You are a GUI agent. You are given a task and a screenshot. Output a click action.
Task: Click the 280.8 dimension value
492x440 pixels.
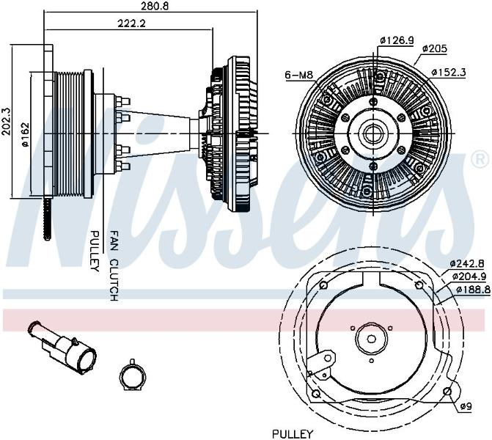point(151,6)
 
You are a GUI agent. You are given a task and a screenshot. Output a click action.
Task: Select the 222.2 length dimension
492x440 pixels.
point(132,23)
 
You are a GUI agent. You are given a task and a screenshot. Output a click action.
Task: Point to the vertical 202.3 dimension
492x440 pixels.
point(7,121)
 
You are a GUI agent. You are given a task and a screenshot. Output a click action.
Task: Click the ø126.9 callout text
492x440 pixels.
point(397,40)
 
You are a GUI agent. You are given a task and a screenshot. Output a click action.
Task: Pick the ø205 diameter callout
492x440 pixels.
point(434,48)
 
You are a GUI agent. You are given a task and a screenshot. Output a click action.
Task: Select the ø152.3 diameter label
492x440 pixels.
point(449,72)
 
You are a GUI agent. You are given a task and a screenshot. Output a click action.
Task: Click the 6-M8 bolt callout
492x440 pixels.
point(299,75)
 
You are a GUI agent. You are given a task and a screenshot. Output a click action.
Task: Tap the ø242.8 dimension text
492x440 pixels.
point(467,263)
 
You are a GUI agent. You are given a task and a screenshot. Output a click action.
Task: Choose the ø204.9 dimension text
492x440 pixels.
point(469,276)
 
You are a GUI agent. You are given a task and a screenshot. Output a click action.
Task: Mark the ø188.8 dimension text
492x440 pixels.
point(474,290)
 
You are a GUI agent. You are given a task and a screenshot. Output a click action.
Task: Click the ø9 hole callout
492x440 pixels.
point(466,407)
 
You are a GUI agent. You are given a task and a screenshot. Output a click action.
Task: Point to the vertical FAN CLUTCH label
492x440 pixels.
point(114,266)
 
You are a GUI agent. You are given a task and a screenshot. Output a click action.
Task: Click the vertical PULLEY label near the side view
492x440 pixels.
point(95,251)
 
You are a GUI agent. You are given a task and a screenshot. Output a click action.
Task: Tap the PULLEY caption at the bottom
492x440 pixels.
point(293,434)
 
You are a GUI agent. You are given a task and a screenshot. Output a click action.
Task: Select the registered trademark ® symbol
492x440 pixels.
point(480,161)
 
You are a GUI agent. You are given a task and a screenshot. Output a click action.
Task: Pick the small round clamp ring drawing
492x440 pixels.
point(133,375)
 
